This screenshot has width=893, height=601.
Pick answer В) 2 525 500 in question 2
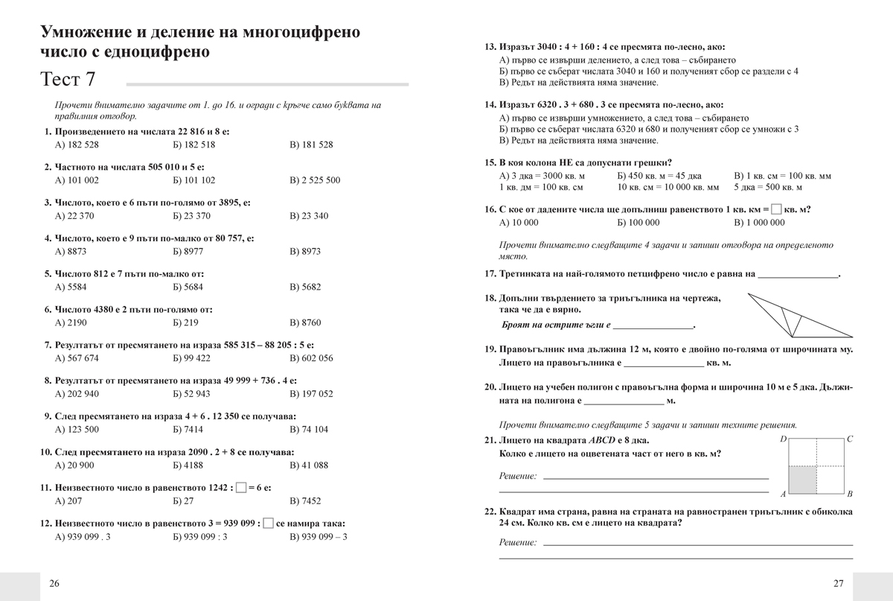point(315,180)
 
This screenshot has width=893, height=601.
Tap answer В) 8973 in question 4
point(305,252)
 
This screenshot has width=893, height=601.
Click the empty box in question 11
point(240,487)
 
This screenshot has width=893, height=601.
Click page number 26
point(54,583)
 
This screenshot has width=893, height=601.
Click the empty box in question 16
point(776,209)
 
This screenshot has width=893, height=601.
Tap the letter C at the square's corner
point(850,439)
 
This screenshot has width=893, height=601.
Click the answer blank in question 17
point(797,274)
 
